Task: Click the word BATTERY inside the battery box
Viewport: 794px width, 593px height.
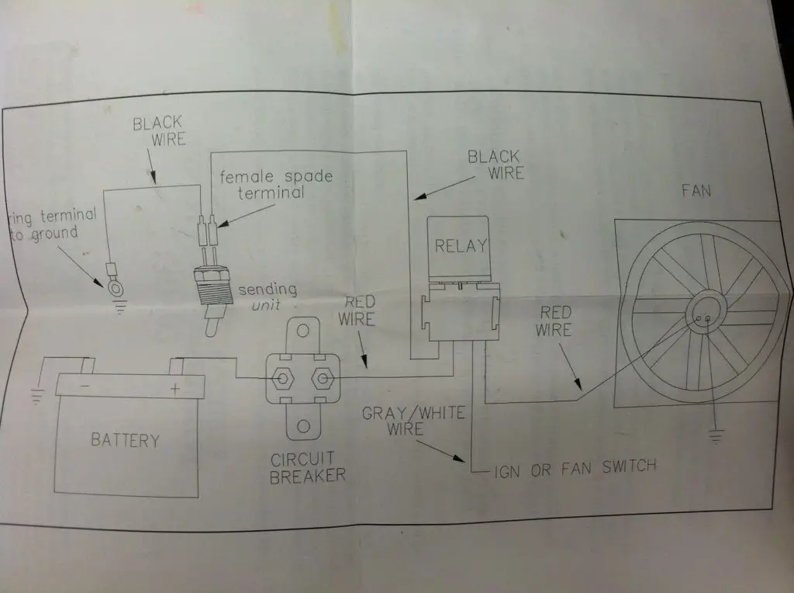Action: [x=125, y=439]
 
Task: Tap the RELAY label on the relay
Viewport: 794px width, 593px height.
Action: [x=461, y=246]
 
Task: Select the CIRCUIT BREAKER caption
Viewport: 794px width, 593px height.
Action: [x=307, y=467]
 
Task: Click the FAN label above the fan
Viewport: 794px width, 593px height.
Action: [x=696, y=191]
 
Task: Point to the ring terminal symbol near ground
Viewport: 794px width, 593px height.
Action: [x=116, y=288]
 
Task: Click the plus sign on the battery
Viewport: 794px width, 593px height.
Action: [x=174, y=389]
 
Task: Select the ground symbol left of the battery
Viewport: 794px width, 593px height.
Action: [x=36, y=397]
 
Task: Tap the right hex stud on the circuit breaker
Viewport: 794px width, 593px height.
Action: [x=323, y=378]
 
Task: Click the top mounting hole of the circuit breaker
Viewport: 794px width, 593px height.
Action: [x=303, y=331]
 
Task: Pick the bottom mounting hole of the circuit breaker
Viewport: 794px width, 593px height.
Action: [x=303, y=426]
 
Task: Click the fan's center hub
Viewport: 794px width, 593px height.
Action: [x=704, y=312]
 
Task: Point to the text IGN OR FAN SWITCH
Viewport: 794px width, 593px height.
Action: [x=575, y=469]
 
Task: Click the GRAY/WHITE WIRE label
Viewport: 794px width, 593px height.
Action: [x=413, y=421]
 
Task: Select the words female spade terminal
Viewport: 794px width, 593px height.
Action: [x=276, y=184]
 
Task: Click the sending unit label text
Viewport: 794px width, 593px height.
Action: [x=268, y=296]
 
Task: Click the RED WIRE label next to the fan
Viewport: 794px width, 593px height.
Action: [x=554, y=321]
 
